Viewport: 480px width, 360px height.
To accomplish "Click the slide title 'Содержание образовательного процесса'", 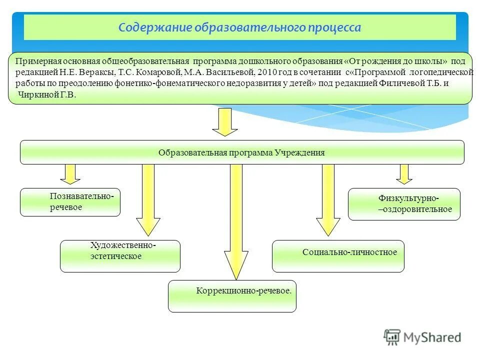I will pos(239,27).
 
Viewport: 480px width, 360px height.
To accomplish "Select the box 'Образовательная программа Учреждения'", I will pos(242,152).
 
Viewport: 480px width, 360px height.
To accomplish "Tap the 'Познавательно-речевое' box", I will pos(70,202).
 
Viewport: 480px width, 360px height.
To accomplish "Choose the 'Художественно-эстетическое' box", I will pos(120,256).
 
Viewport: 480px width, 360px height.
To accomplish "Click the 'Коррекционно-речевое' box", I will pos(232,295).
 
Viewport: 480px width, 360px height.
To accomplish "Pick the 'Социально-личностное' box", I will pos(338,255).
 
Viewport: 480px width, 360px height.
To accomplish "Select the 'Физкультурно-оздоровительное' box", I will pos(404,204).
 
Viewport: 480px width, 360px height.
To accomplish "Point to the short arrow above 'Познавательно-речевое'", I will pos(70,173).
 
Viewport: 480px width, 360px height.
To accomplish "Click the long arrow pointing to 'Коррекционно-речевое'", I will pos(236,220).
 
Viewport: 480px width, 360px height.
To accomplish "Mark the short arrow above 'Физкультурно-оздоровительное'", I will pos(404,173).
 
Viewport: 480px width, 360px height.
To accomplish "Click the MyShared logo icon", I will pos(392,337).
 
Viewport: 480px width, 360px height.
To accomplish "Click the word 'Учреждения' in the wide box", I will pos(299,152).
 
